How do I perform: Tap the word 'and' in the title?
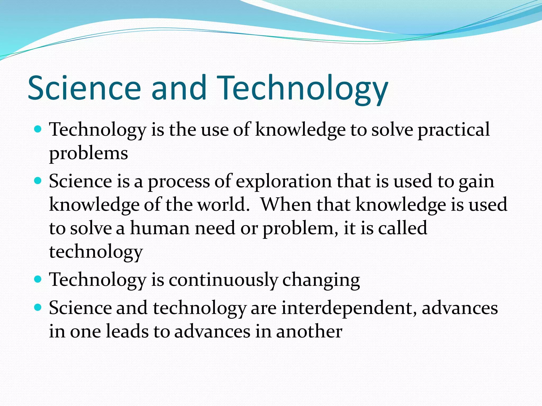pos(179,88)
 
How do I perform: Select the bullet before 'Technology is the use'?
pos(38,129)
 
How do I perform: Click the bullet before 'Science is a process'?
pos(38,181)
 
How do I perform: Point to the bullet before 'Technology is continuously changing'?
pos(38,279)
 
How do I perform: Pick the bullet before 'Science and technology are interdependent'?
pos(38,307)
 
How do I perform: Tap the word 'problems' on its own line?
pos(88,154)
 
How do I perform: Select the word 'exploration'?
pos(283,182)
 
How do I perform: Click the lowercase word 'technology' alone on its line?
pos(96,252)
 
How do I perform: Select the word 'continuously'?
pos(223,280)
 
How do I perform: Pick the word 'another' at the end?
pos(309,331)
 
